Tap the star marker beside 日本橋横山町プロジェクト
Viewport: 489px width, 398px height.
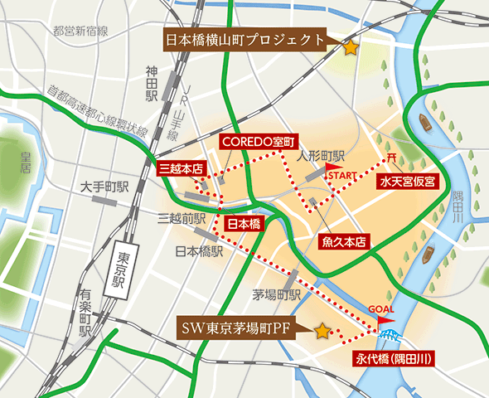point(351,48)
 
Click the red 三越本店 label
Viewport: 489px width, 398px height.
point(180,168)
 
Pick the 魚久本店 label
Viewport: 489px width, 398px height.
point(343,241)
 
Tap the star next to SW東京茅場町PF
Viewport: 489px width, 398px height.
point(322,331)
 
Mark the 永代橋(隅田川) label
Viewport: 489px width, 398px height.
point(395,359)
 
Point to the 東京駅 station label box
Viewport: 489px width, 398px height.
point(115,269)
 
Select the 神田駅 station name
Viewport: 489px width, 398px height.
point(153,81)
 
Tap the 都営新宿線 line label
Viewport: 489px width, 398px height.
point(80,32)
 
